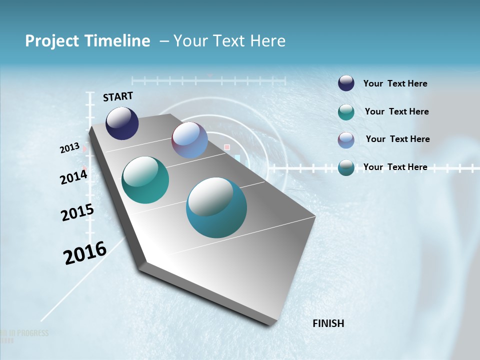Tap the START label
click(118, 96)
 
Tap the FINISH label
click(328, 323)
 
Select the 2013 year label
click(70, 148)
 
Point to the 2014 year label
click(74, 177)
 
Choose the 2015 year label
click(77, 212)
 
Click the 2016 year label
click(85, 252)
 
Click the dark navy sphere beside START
click(122, 123)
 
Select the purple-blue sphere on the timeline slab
click(189, 140)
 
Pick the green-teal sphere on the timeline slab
click(145, 180)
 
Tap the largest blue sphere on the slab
click(216, 207)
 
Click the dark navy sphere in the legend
click(346, 83)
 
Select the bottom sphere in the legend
click(346, 167)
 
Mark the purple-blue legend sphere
click(346, 140)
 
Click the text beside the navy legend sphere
click(395, 84)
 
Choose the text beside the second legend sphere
click(396, 111)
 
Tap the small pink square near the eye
click(227, 147)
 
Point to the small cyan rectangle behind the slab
click(237, 157)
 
